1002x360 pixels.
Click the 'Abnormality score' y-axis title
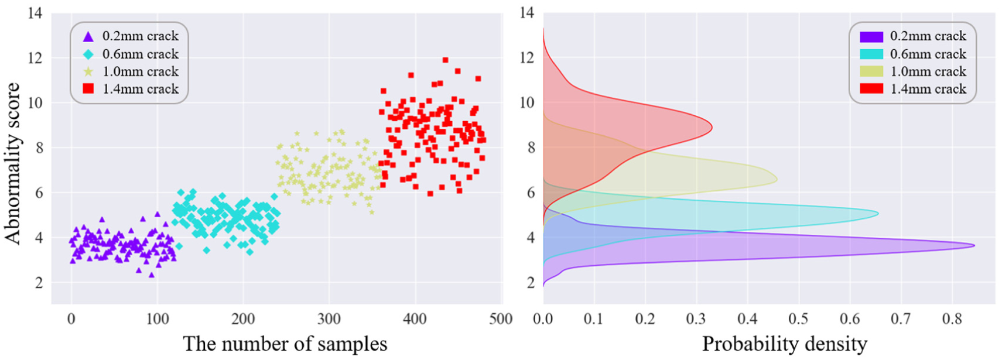[13, 163]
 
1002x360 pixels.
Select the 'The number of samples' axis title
[285, 344]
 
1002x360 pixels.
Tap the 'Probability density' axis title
[784, 344]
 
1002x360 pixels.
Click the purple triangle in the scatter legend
[88, 36]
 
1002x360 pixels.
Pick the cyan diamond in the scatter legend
[88, 54]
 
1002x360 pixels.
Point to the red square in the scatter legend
[88, 89]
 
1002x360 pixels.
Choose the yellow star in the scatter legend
[88, 72]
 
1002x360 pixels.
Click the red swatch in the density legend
[871, 89]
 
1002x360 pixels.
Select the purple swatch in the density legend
[871, 36]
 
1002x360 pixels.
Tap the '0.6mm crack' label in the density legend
[928, 54]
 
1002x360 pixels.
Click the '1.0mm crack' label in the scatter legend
[141, 71]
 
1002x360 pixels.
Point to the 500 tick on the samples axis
[501, 319]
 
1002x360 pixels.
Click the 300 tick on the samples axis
[329, 319]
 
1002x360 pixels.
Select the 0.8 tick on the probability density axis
[952, 319]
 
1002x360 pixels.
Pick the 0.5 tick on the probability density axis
[798, 319]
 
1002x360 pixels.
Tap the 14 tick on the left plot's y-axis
[35, 12]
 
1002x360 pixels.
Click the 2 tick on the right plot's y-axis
[530, 282]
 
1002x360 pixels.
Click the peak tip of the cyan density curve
[878, 214]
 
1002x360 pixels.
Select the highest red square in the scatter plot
[445, 60]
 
